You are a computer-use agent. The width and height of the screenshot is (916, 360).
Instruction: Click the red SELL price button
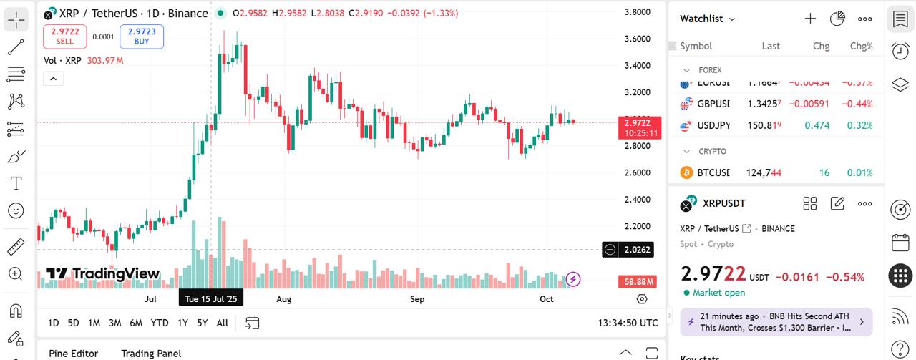(x=65, y=37)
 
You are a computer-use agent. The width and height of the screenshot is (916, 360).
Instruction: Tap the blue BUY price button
(x=142, y=37)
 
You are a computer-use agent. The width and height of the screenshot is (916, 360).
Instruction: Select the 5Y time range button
(x=203, y=323)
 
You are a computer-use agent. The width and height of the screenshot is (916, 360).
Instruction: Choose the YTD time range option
(x=160, y=323)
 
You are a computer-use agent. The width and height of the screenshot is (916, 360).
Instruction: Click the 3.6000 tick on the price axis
(x=637, y=39)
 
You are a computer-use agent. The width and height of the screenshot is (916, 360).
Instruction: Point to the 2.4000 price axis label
(x=637, y=200)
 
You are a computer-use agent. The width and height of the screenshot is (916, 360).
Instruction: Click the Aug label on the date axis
(x=284, y=299)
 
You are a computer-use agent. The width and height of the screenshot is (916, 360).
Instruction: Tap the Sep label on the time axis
(x=417, y=299)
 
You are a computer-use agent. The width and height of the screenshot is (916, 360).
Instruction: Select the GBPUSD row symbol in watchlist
(x=713, y=104)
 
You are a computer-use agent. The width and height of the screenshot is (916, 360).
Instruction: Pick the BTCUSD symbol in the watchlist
(x=713, y=172)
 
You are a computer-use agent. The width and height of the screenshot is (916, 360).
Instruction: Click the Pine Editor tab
(x=73, y=353)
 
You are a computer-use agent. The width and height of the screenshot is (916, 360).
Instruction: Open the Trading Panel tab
(x=151, y=353)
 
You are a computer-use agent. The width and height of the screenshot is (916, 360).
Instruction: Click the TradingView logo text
(x=103, y=273)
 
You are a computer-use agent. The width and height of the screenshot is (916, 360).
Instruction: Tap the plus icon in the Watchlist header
(x=810, y=19)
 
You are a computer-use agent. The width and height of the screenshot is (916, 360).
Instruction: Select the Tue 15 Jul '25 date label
(x=211, y=299)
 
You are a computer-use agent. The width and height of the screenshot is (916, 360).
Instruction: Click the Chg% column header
(x=861, y=46)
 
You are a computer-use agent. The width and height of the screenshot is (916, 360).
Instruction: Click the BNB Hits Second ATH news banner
(x=776, y=322)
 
